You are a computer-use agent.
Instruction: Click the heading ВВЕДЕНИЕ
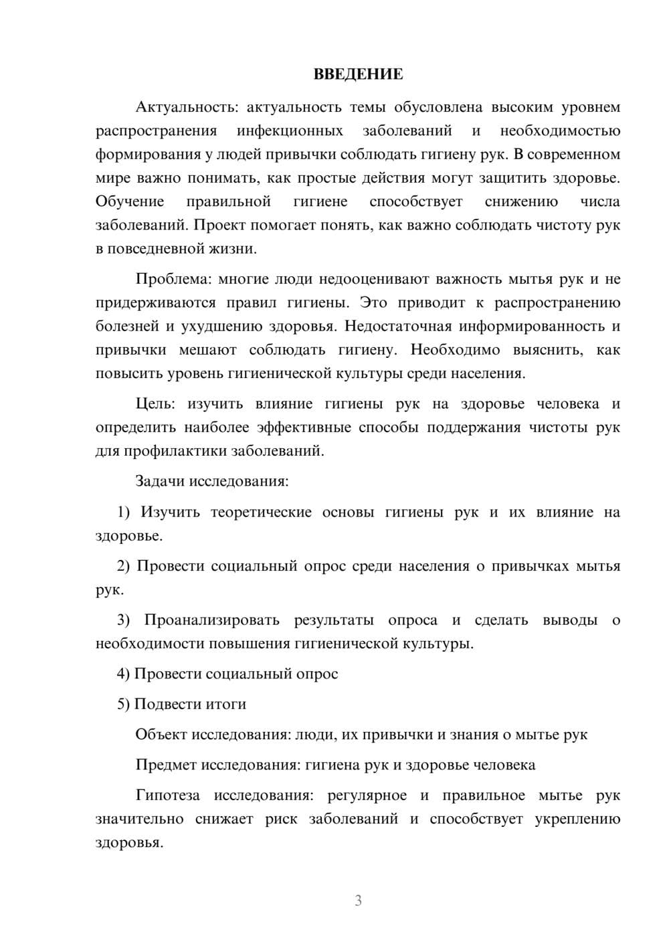tap(358, 74)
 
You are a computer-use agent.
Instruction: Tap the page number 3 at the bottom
tap(358, 901)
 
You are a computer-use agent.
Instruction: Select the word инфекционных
tap(290, 130)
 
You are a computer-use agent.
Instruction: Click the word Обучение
tap(130, 201)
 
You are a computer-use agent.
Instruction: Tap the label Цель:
tap(155, 403)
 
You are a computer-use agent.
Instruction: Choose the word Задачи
tap(161, 481)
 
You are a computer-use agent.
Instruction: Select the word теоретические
tap(261, 512)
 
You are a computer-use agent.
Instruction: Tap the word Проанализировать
tap(211, 620)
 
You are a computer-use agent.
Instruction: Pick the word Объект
tap(161, 735)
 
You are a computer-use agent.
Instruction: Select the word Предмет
tap(166, 765)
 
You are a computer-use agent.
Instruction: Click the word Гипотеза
tap(167, 795)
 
